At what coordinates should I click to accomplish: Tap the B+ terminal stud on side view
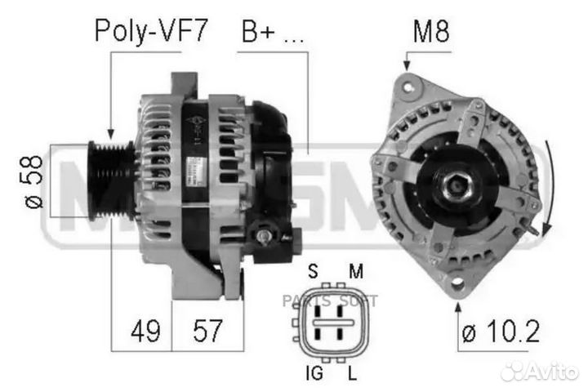click(x=263, y=236)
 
